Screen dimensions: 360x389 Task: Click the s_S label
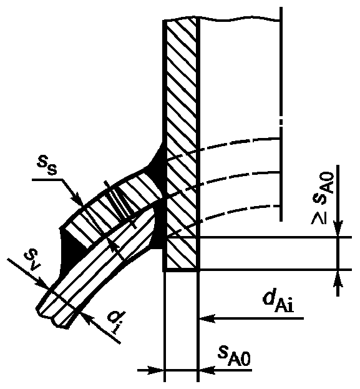pyautogui.click(x=47, y=165)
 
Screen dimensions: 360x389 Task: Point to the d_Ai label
pyautogui.click(x=278, y=303)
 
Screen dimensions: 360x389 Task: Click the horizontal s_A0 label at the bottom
pyautogui.click(x=234, y=357)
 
